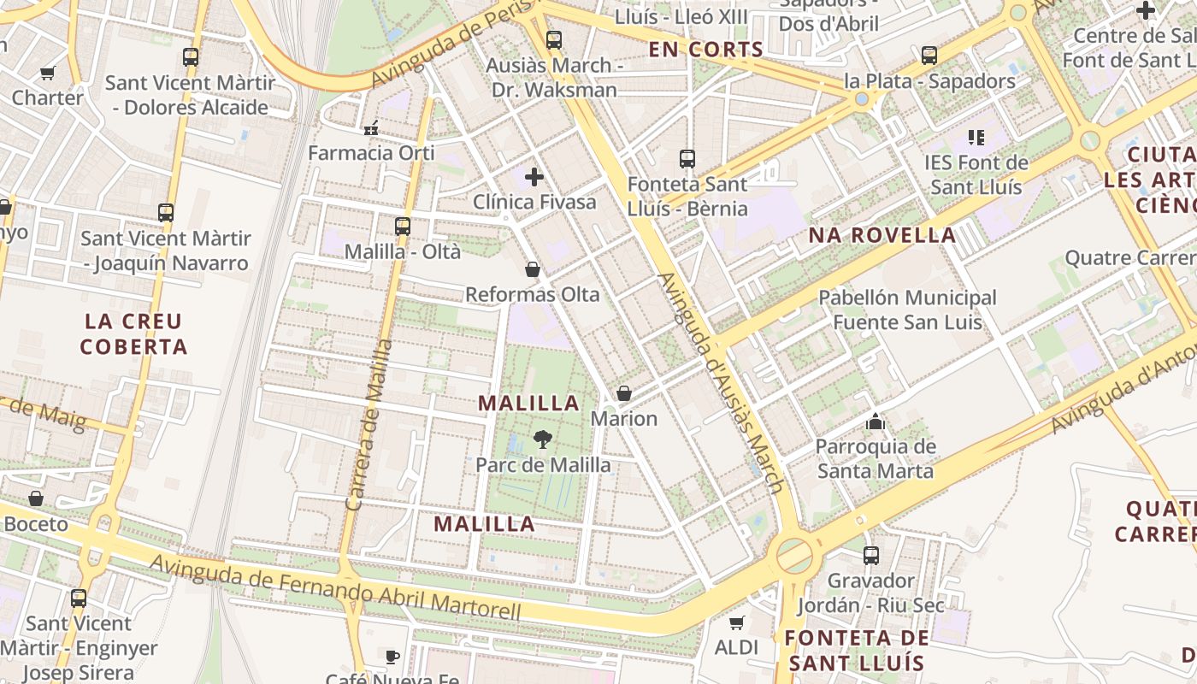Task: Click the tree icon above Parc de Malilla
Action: [542, 440]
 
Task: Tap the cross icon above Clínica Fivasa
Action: [534, 177]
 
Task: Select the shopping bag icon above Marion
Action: [624, 393]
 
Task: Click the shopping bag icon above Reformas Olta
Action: [533, 270]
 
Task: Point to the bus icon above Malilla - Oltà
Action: [403, 227]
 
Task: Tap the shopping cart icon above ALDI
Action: [736, 622]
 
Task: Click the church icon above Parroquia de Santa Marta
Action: [875, 422]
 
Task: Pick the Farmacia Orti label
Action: [371, 153]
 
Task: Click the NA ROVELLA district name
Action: [882, 235]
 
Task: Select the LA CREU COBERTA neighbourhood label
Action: [133, 334]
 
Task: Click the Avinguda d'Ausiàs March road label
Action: [722, 382]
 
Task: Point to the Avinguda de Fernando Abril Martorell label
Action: [335, 588]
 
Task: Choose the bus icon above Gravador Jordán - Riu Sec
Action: [871, 556]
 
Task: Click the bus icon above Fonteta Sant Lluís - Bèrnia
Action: [687, 159]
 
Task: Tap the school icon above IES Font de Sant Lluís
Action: [976, 137]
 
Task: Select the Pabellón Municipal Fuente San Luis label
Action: [907, 310]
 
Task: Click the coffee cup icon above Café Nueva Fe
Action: [392, 657]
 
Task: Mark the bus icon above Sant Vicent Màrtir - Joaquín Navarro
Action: [166, 213]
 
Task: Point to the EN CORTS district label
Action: [705, 50]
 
